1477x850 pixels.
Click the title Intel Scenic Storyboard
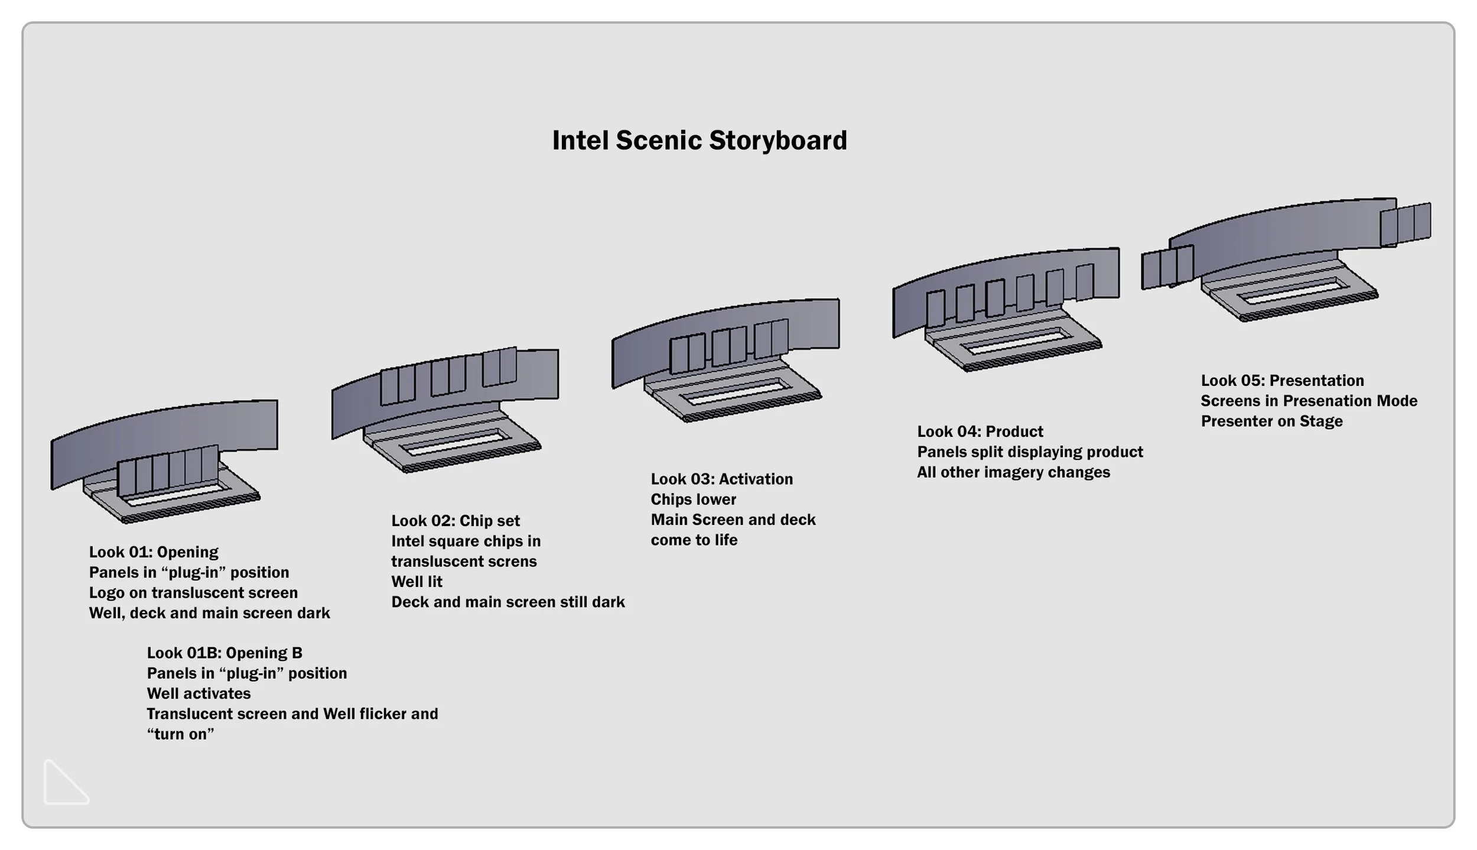pyautogui.click(x=700, y=141)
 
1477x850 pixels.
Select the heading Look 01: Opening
pyautogui.click(x=154, y=552)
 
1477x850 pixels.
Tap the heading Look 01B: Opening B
pyautogui.click(x=225, y=653)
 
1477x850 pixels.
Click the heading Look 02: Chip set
pyautogui.click(x=456, y=521)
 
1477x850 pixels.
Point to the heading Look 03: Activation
pyautogui.click(x=722, y=479)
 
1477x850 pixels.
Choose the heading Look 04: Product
pyautogui.click(x=980, y=432)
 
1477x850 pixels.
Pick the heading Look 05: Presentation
pyautogui.click(x=1282, y=381)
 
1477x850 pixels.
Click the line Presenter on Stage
pyautogui.click(x=1271, y=421)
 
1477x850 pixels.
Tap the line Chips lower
pyautogui.click(x=694, y=499)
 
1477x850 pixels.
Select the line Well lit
pyautogui.click(x=417, y=582)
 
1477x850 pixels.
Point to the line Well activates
pyautogui.click(x=199, y=693)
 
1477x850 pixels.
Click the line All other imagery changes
pyautogui.click(x=1013, y=472)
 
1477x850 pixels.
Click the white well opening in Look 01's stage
pyautogui.click(x=177, y=495)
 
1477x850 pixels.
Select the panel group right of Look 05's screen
pyautogui.click(x=1406, y=225)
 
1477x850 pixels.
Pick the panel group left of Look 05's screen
pyautogui.click(x=1167, y=268)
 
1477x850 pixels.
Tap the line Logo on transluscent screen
pyautogui.click(x=193, y=593)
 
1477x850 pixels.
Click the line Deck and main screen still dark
pyautogui.click(x=507, y=602)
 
